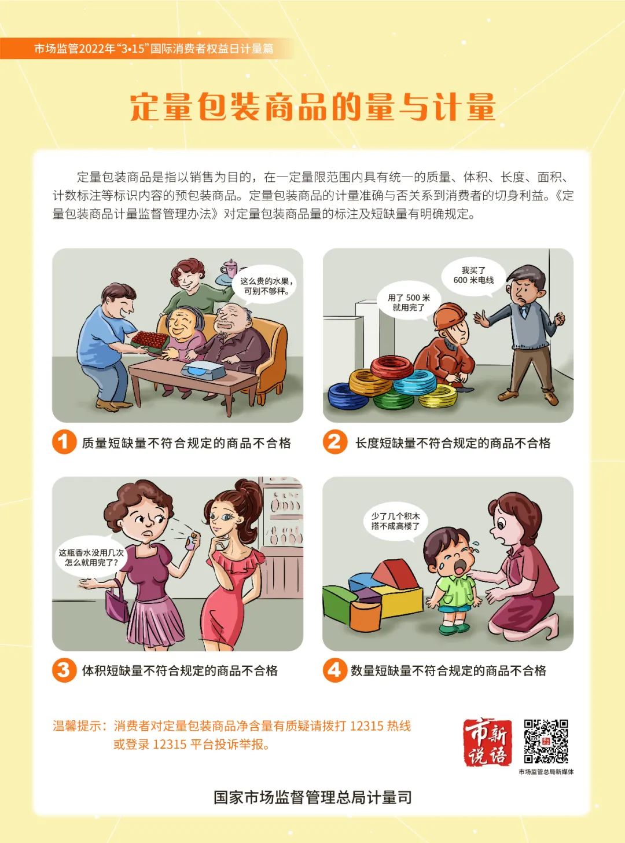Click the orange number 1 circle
64,442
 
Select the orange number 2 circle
334,442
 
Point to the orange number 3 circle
64,670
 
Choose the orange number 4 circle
334,670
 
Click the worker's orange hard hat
450,316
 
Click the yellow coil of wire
437,396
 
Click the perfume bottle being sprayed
192,540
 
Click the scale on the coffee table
204,369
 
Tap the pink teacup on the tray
230,268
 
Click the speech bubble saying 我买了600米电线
473,276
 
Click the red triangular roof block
395,574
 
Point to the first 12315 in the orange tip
366,725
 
